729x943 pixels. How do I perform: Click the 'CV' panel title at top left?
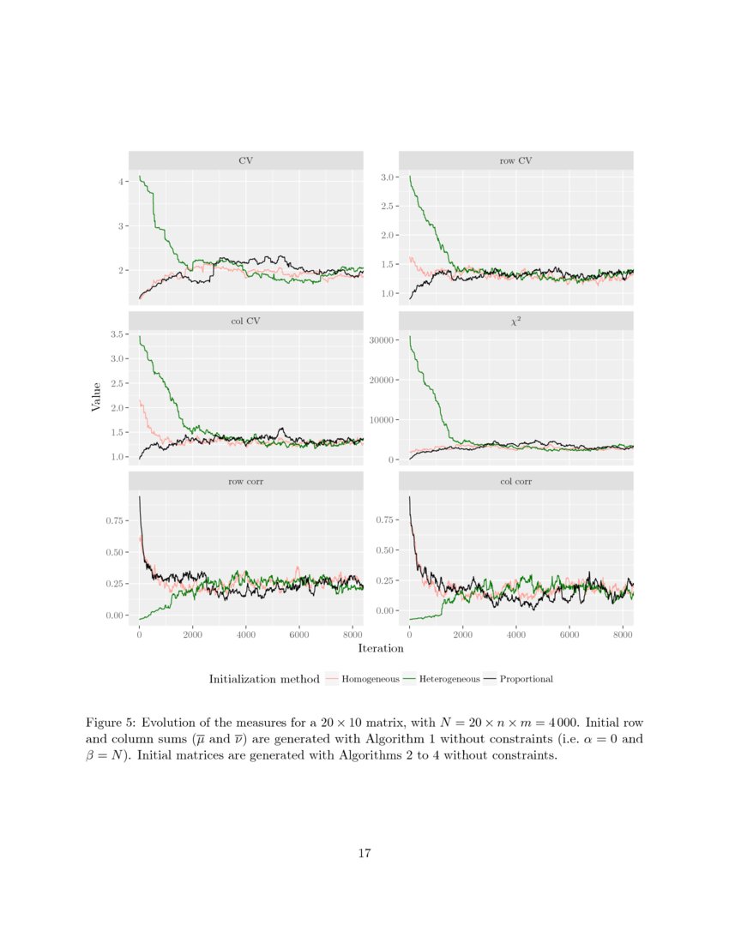(246, 160)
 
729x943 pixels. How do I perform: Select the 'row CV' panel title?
(515, 160)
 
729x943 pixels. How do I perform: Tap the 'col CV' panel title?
(246, 321)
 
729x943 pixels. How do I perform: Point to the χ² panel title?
(515, 321)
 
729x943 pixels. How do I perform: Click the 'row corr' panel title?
(246, 482)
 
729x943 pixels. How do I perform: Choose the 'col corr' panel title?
(515, 482)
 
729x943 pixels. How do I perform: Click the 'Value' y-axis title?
(96, 397)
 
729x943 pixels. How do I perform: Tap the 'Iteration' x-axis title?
(381, 649)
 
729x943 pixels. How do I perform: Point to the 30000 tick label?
(380, 340)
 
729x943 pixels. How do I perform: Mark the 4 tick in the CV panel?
(122, 182)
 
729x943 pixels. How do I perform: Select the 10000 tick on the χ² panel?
(380, 420)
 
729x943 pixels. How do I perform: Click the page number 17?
(364, 853)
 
